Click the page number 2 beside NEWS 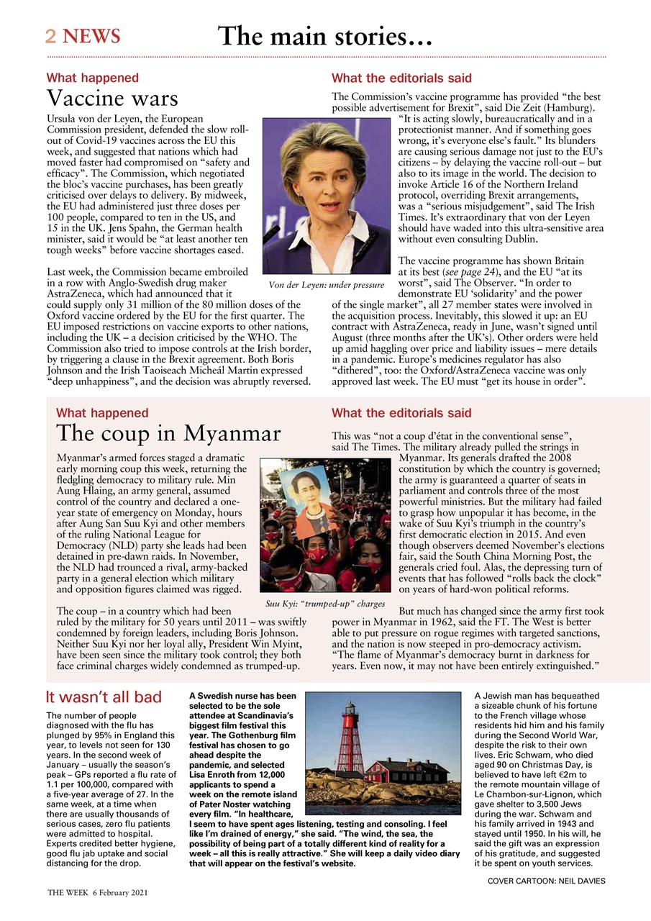(x=51, y=37)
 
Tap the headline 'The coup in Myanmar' (x=168, y=434)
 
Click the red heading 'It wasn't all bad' (x=104, y=697)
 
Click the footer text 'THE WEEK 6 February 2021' (x=97, y=892)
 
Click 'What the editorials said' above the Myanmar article (x=401, y=413)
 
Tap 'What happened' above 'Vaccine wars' (x=93, y=78)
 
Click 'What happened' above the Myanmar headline (x=102, y=413)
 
